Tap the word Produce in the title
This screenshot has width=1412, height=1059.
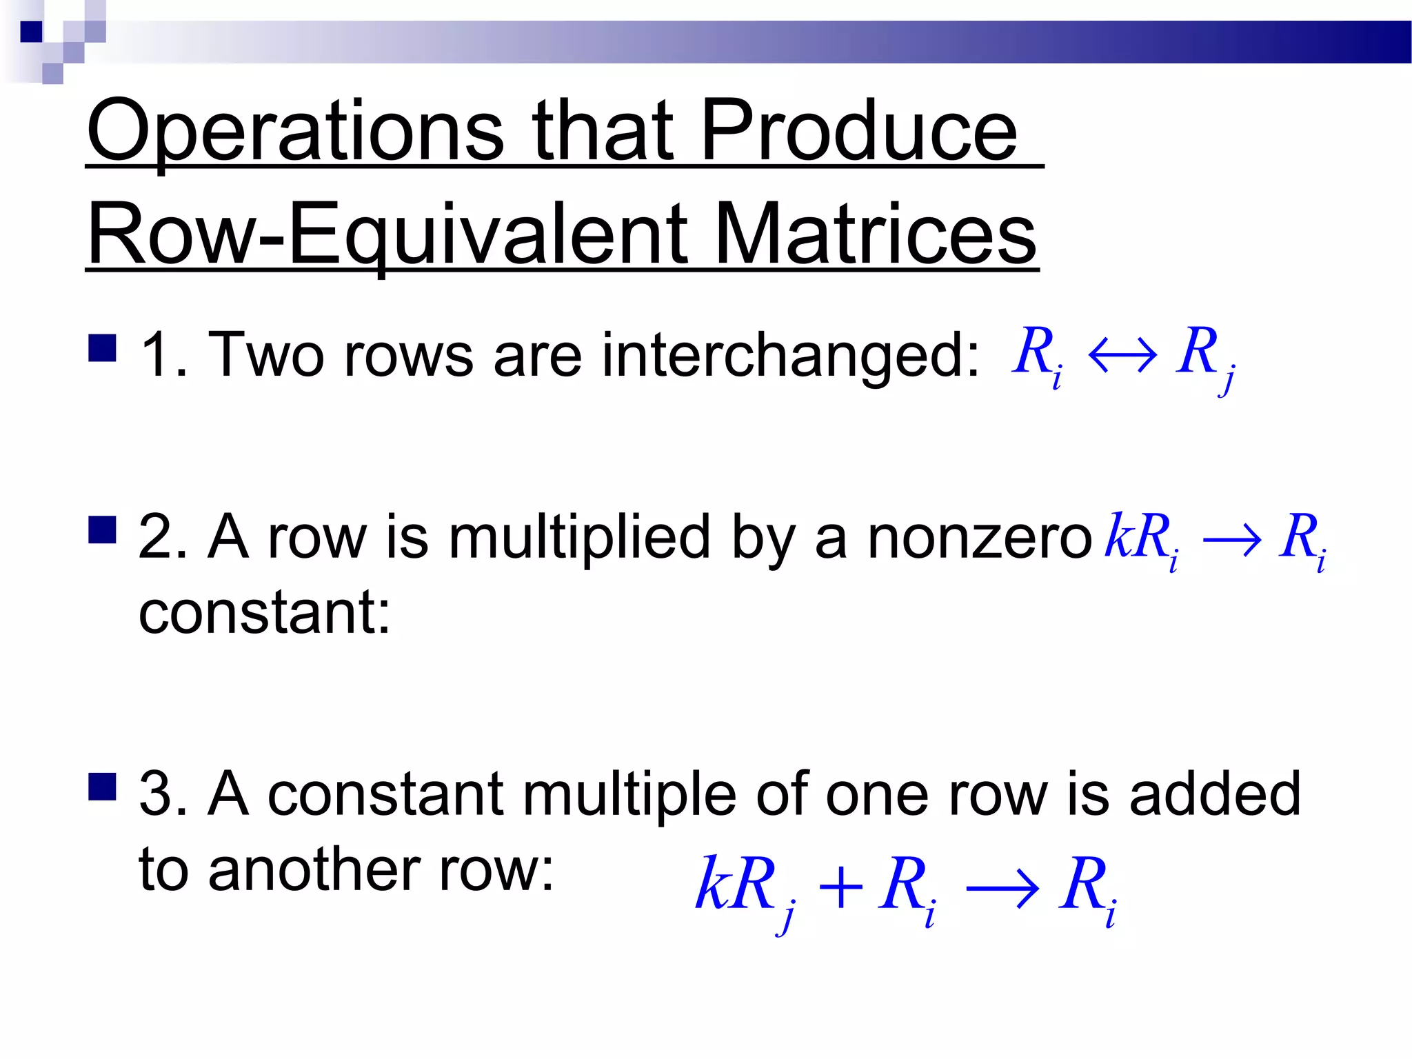(859, 131)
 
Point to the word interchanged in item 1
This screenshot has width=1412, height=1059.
(790, 356)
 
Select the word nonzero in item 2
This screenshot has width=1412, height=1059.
(980, 537)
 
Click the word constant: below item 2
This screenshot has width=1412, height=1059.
(265, 613)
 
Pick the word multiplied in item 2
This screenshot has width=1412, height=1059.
(579, 537)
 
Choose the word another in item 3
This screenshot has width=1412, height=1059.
(314, 870)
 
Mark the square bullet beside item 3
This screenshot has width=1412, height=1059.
(102, 785)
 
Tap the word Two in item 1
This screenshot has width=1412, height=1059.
(266, 356)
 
